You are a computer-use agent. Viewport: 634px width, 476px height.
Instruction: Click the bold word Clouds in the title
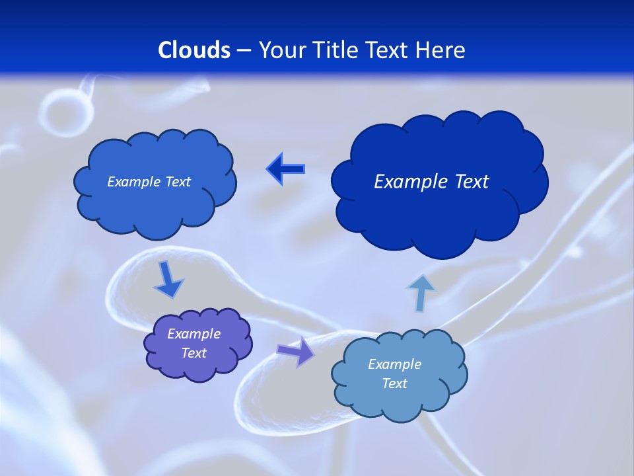(194, 50)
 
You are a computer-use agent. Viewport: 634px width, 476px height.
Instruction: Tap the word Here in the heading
(441, 50)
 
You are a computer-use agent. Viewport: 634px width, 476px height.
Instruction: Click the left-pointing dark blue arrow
(285, 169)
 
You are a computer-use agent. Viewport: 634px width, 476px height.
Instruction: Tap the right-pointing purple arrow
(295, 351)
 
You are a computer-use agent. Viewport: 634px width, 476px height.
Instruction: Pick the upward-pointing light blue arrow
(421, 292)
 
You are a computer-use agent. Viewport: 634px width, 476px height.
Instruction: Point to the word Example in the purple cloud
(194, 334)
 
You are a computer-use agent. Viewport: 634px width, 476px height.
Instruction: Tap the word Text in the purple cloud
(194, 353)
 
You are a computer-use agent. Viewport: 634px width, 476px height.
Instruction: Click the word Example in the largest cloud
(406, 182)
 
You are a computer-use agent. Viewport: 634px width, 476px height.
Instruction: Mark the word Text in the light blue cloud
(394, 383)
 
